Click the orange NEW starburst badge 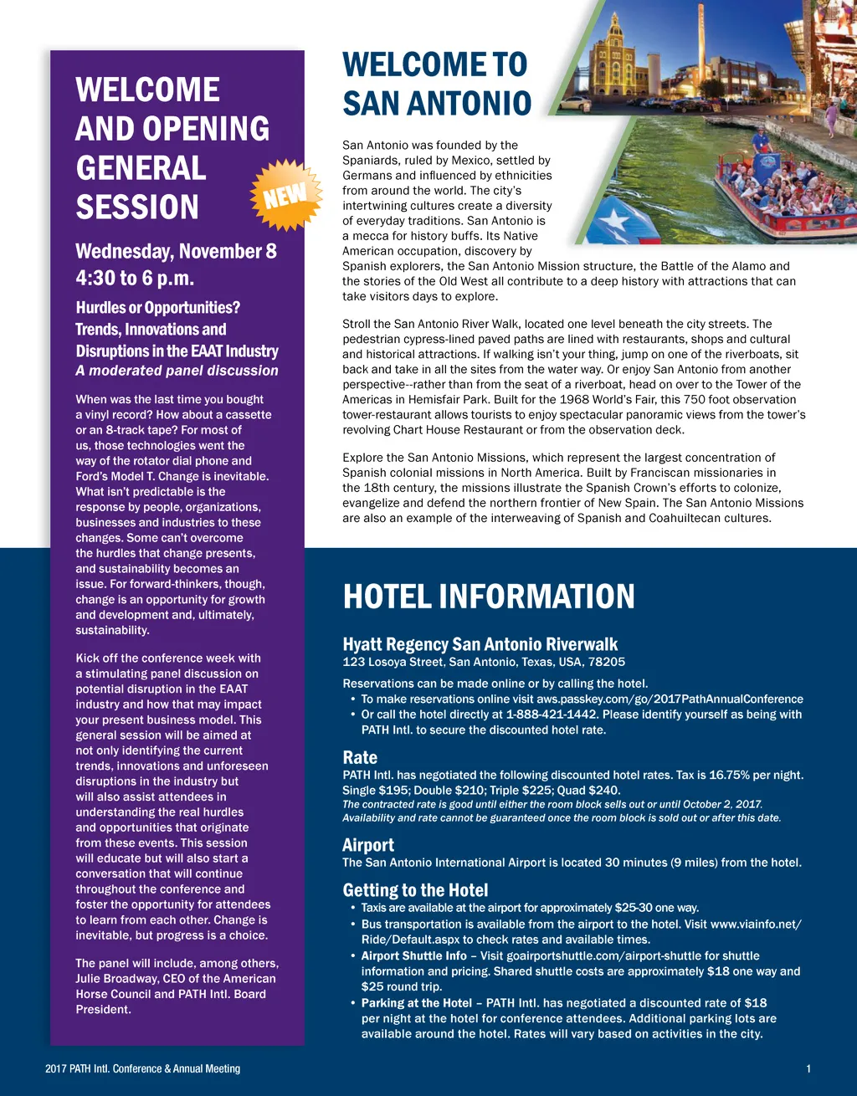pos(287,195)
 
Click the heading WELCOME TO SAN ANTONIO pos(436,85)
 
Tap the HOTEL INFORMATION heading pos(489,597)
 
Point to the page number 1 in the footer pos(808,1068)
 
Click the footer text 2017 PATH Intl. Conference pos(142,1068)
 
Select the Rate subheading pos(360,757)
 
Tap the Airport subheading pos(368,845)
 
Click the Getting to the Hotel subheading pos(415,890)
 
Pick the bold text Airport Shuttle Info pos(414,955)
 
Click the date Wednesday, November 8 pos(176,252)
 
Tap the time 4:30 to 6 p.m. pos(135,277)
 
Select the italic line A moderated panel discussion pos(177,371)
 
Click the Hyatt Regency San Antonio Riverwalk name pos(480,644)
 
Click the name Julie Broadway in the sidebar pos(115,979)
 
